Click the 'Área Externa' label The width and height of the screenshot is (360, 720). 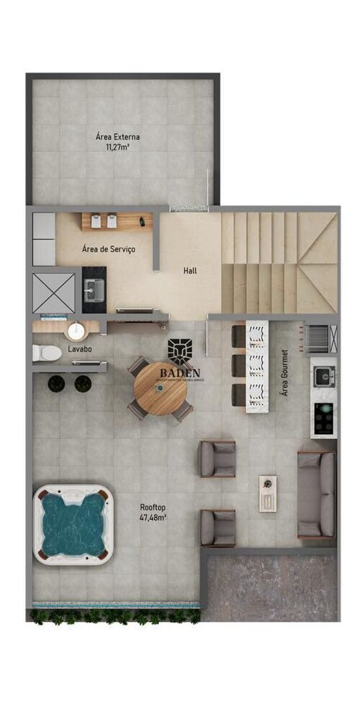117,136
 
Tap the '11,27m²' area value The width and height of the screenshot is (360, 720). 117,148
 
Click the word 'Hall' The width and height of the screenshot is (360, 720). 190,271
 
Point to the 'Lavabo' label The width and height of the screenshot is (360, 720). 79,348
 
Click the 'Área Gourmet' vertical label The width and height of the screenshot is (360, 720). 284,372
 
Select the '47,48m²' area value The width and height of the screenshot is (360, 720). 153,518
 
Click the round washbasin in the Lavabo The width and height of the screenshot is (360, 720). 76,332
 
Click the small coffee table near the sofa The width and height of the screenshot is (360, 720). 267,492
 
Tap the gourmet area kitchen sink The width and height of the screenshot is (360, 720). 323,374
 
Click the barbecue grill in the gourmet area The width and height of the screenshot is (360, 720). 323,336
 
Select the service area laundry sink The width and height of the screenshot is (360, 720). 94,290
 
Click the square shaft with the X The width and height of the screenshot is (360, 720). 54,292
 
